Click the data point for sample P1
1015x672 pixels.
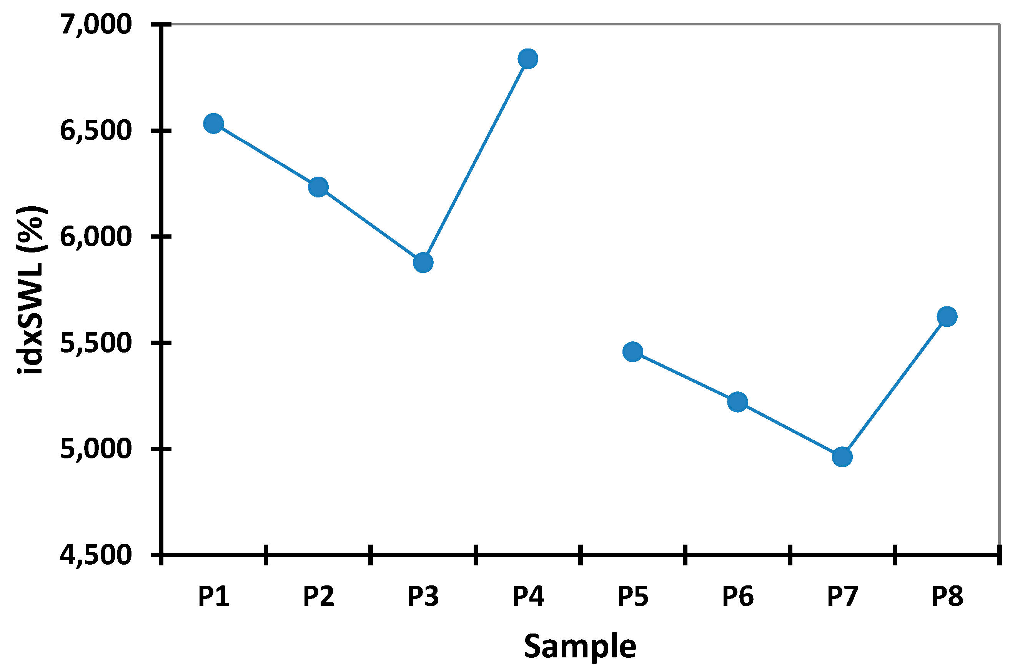click(x=213, y=124)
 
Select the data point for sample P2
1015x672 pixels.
click(x=318, y=187)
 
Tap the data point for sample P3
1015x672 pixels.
click(x=423, y=262)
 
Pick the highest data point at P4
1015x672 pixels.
click(x=528, y=59)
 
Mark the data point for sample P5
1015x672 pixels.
click(x=633, y=352)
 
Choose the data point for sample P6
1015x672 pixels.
click(x=737, y=402)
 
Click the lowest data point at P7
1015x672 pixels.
click(x=842, y=457)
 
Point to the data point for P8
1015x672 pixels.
click(x=947, y=317)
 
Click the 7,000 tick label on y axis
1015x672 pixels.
click(x=95, y=24)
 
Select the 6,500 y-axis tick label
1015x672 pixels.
click(x=95, y=131)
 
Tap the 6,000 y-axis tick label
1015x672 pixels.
click(x=95, y=237)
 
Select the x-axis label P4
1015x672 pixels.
click(x=528, y=596)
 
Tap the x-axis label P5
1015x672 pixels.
click(x=633, y=596)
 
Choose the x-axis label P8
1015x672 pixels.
click(x=947, y=596)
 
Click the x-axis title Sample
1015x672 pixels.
click(x=580, y=646)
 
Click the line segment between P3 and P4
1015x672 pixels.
click(x=475, y=161)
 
